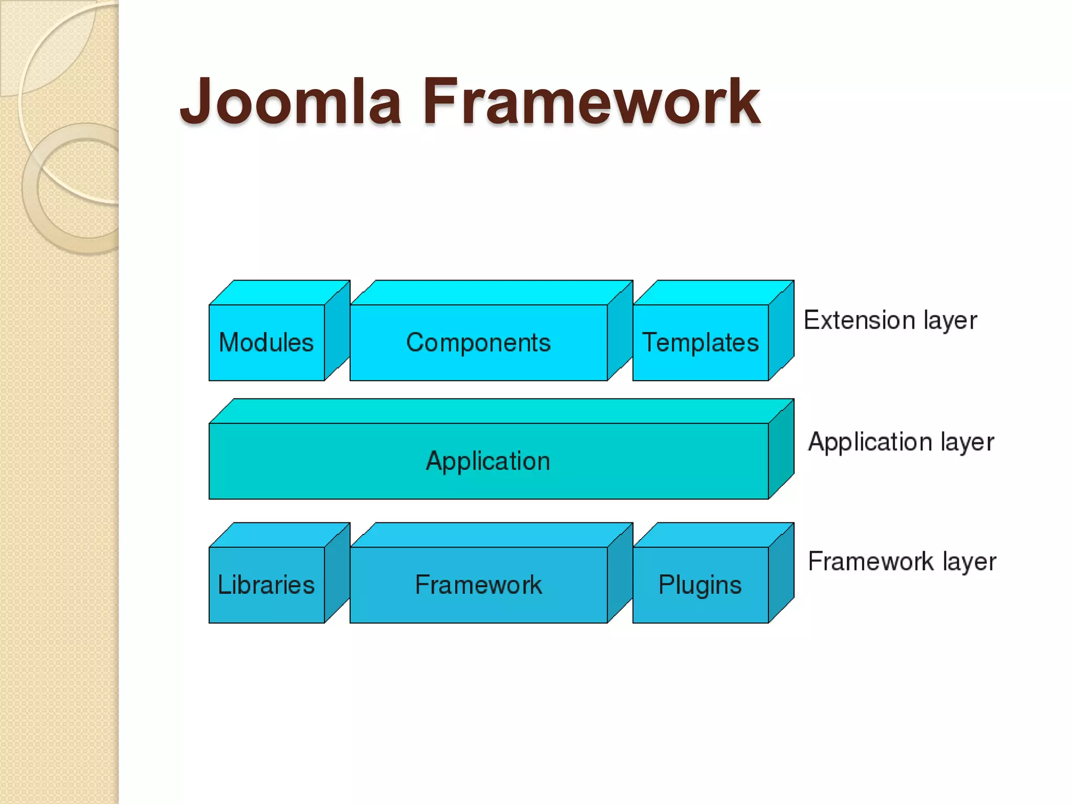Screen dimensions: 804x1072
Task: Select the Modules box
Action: [x=266, y=342]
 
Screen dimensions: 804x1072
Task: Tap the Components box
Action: [x=478, y=342]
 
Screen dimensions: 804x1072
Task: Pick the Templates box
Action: [x=700, y=342]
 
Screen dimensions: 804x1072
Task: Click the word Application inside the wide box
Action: [x=488, y=461]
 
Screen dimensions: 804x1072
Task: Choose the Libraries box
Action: [x=266, y=585]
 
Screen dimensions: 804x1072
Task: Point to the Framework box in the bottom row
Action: [x=478, y=585]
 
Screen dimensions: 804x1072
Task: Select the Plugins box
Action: [x=700, y=585]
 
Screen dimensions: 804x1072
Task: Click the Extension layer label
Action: [x=890, y=320]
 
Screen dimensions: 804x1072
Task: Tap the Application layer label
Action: [x=901, y=442]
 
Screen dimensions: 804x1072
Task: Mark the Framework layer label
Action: [x=902, y=562]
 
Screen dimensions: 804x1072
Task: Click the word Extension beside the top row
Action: [x=860, y=320]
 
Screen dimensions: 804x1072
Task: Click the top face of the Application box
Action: [x=501, y=411]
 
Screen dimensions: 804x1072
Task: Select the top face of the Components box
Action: [x=491, y=293]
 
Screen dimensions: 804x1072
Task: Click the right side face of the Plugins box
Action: [x=781, y=573]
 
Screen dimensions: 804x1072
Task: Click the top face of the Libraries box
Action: [x=279, y=535]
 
